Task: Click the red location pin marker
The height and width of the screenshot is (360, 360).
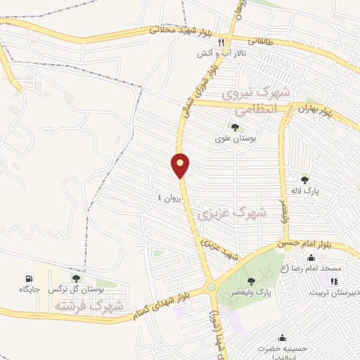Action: coord(181,165)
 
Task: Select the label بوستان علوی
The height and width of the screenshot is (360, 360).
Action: coord(235,139)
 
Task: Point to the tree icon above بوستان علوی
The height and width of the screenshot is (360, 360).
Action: coord(235,127)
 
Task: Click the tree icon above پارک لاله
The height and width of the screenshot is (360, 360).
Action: coord(304,179)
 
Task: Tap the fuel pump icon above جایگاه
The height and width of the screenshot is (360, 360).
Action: coord(29,278)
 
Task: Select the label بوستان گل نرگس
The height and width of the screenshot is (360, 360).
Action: coord(76,289)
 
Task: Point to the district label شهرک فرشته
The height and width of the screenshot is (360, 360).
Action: coord(88,307)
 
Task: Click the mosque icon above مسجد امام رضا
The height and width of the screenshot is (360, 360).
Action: coord(310,257)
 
